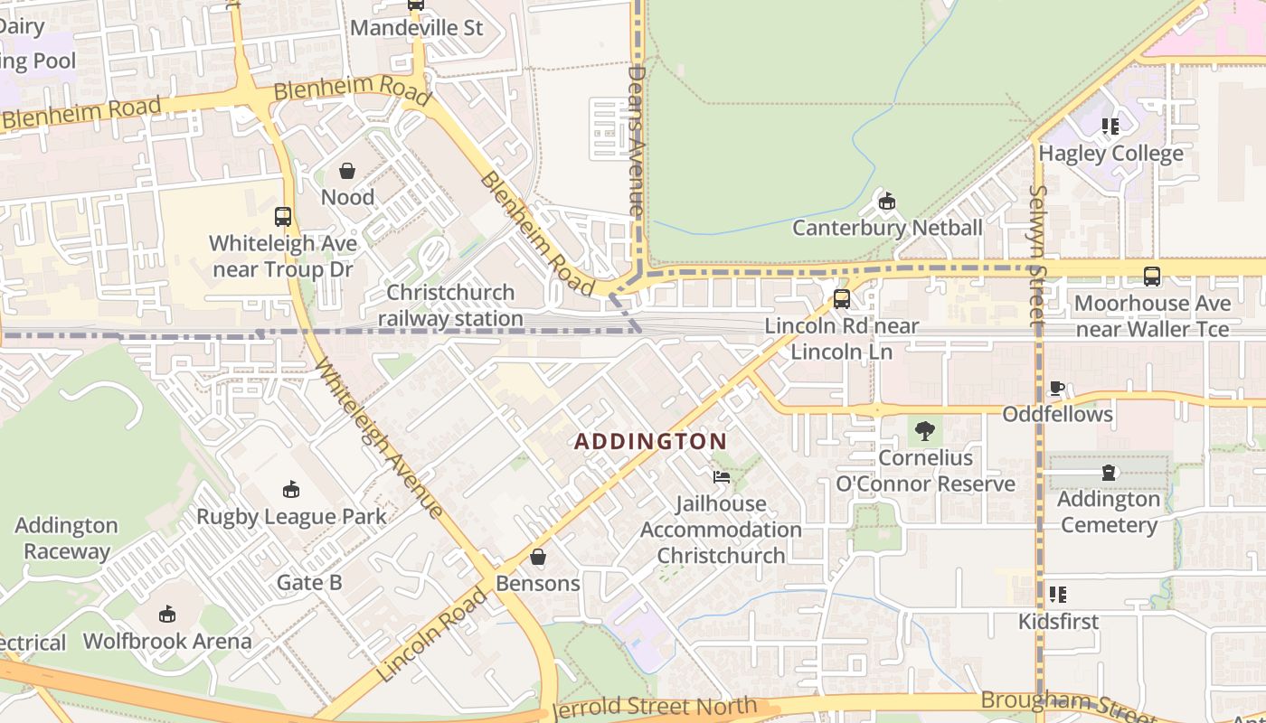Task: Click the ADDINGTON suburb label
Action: pos(650,441)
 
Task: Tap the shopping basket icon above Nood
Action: pos(347,171)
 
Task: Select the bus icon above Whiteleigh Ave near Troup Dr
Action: pos(283,217)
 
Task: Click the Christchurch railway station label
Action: pos(450,305)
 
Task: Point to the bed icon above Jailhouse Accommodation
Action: pos(721,476)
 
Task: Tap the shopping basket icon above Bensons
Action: pos(538,557)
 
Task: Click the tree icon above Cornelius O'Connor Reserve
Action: pos(924,431)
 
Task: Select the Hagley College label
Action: pos(1110,154)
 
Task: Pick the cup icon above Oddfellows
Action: pos(1056,389)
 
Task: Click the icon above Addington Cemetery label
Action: pos(1109,473)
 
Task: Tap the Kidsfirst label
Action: pos(1058,622)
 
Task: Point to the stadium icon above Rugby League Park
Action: pos(291,490)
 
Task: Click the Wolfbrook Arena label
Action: pos(167,642)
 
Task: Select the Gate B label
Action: pos(309,582)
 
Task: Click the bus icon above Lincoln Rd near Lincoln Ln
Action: pos(842,299)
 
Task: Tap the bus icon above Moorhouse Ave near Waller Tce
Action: pos(1151,277)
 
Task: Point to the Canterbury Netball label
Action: pos(887,228)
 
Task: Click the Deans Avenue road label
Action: pos(637,140)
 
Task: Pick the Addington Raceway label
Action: pos(66,539)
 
